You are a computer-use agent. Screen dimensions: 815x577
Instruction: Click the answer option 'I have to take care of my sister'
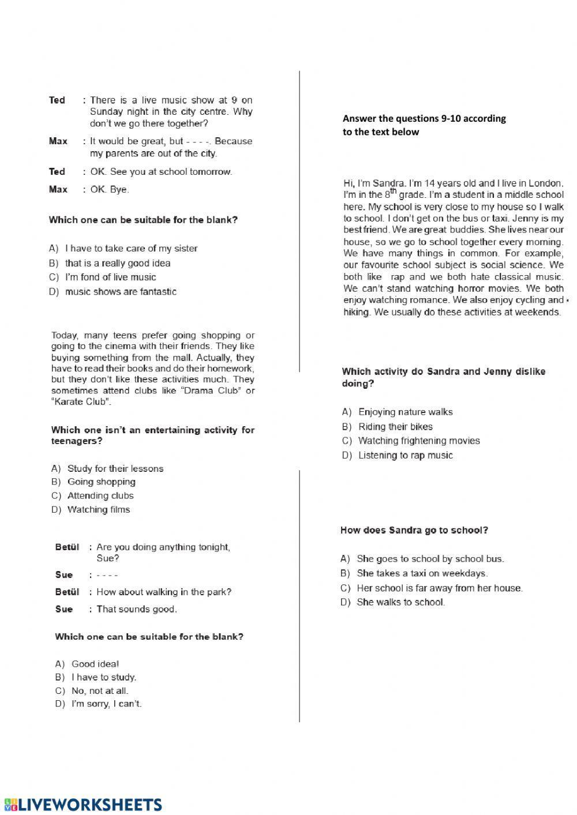point(131,249)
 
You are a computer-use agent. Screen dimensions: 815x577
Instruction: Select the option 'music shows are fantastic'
point(121,292)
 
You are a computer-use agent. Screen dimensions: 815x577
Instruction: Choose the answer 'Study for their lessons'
point(115,469)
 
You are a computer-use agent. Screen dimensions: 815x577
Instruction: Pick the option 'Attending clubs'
point(100,496)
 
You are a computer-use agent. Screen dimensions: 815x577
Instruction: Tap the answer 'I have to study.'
point(104,678)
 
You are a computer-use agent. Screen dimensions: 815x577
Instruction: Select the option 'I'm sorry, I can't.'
point(106,704)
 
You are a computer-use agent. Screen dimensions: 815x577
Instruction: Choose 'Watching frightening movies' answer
point(419,441)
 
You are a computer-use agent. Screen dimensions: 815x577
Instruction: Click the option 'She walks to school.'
point(400,603)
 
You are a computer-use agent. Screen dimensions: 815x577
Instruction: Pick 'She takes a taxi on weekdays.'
point(422,574)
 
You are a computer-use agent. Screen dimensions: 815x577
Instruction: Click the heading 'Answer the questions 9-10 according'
point(424,119)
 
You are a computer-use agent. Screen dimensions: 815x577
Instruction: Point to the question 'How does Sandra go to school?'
point(414,531)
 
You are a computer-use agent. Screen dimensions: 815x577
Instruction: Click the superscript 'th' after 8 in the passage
point(393,192)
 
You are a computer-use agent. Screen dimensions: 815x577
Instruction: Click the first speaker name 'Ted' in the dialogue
point(57,100)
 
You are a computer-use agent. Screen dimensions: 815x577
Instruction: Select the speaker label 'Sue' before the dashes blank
point(64,575)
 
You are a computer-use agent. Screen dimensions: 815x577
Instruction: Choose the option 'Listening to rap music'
point(405,456)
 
